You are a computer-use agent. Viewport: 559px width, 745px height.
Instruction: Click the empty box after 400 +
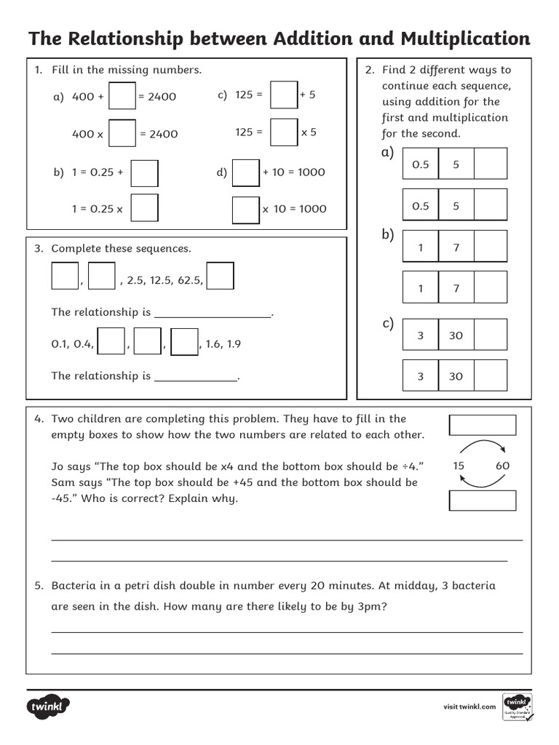click(122, 96)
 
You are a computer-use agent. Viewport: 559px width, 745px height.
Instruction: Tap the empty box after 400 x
click(122, 134)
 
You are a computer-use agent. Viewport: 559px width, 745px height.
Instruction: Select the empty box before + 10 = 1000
click(245, 172)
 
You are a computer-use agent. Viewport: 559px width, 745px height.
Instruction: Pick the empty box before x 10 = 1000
click(246, 209)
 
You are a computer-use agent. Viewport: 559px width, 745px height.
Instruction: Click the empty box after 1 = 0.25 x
click(145, 208)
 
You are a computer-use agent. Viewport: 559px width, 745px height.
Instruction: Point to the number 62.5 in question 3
click(191, 279)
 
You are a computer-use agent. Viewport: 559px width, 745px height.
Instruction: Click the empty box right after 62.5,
click(221, 276)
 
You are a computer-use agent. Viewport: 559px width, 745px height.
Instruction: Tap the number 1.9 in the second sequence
click(233, 344)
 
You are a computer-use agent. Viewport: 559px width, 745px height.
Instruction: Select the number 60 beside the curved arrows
click(502, 466)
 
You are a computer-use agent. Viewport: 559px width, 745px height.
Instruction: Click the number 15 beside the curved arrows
click(459, 466)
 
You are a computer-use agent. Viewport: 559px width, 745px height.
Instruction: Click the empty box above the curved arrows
click(482, 425)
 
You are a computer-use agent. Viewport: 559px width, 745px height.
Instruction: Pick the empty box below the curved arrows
click(482, 501)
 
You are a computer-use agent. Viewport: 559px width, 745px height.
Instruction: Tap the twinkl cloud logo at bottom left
click(49, 706)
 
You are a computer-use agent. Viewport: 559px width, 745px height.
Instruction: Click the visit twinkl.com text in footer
click(469, 706)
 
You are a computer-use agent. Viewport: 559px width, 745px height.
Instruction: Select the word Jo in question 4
click(58, 466)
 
